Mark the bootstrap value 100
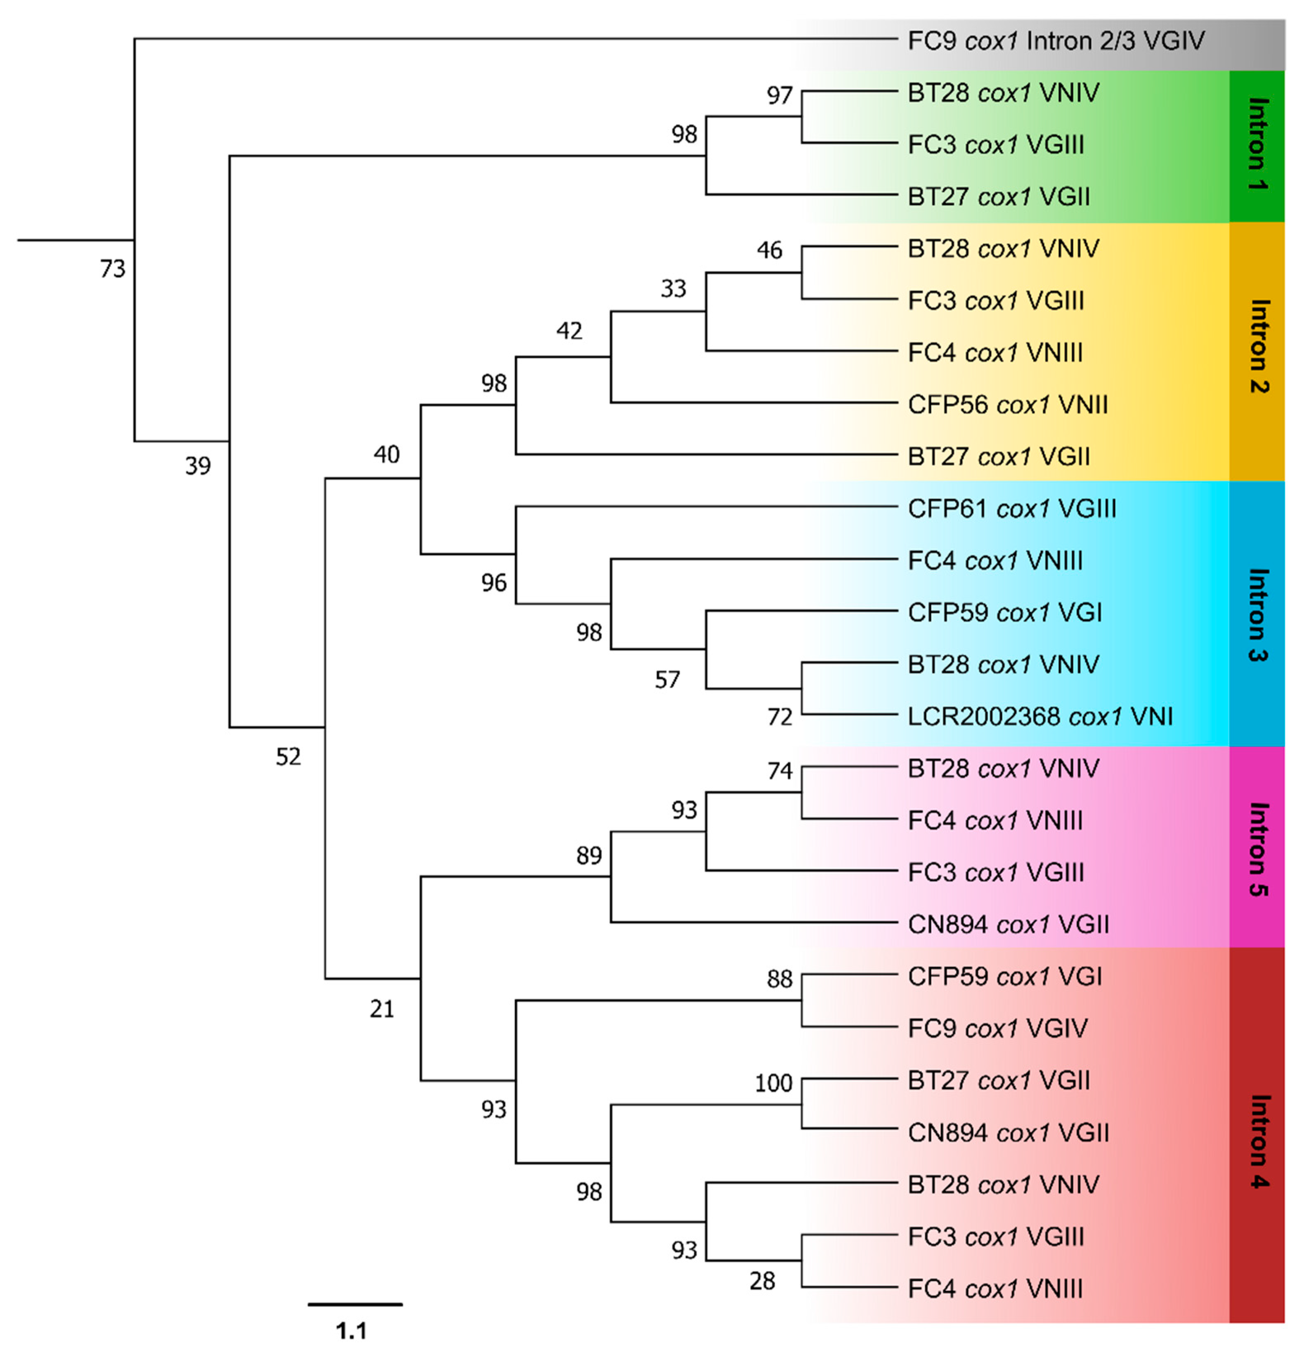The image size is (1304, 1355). [x=773, y=1083]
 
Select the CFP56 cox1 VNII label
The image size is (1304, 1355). [x=1007, y=404]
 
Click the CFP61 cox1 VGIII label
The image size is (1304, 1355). [x=1011, y=509]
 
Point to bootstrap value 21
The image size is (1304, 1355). [x=382, y=1009]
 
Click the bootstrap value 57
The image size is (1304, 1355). [x=667, y=680]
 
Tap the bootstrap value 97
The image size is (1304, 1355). [x=779, y=95]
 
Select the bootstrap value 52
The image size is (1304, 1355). [x=288, y=757]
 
